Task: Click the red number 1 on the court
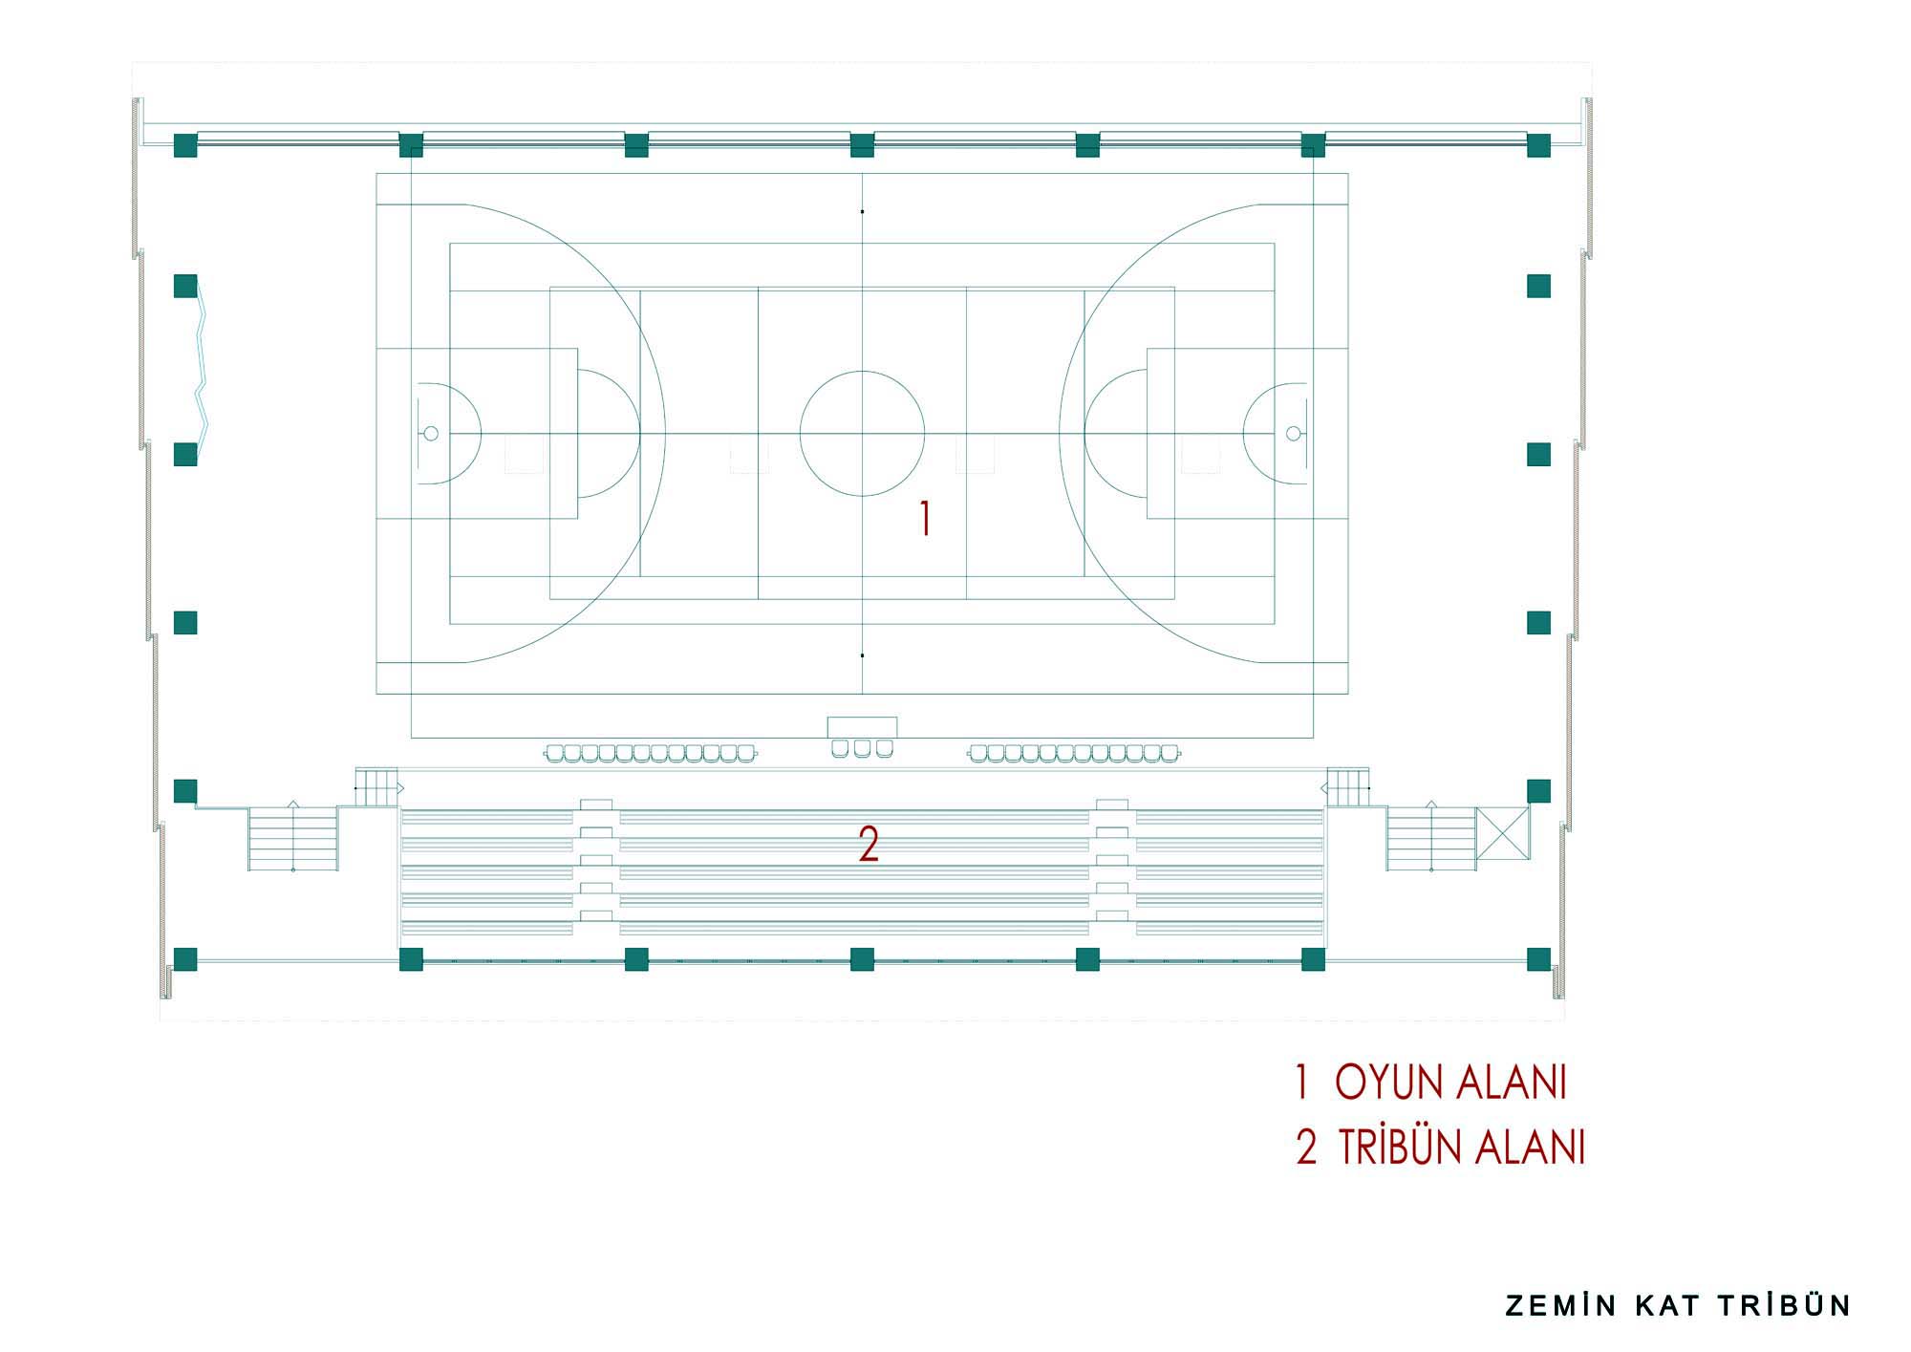click(924, 518)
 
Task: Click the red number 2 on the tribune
click(869, 845)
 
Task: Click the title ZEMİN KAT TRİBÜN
click(1679, 1305)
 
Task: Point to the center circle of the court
click(862, 433)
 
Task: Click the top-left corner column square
click(185, 145)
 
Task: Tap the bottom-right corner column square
click(1538, 959)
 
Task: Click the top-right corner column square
click(1538, 145)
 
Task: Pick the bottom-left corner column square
click(185, 959)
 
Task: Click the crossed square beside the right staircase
click(1502, 838)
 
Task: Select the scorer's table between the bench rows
click(862, 727)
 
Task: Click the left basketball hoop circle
click(431, 434)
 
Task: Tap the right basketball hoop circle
click(1293, 434)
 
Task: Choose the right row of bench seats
click(1076, 754)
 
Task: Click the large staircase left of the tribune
click(293, 838)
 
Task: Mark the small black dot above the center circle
click(862, 211)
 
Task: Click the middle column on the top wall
click(862, 145)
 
